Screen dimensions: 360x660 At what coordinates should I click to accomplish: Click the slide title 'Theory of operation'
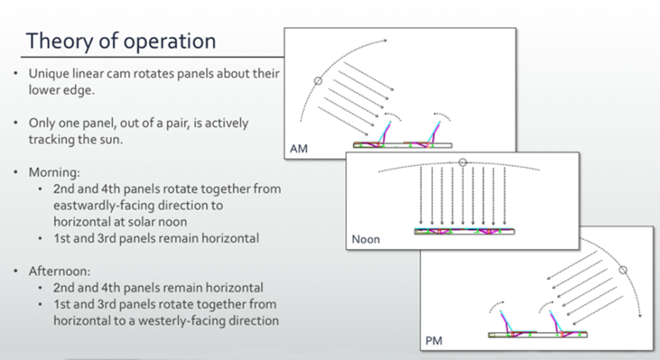click(120, 41)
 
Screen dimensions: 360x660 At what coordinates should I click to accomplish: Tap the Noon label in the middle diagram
click(366, 240)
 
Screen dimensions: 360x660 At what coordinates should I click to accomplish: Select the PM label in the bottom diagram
click(434, 342)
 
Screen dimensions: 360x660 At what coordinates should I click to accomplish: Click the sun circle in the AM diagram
click(318, 81)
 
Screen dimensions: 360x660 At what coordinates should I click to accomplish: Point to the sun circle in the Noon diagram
click(463, 163)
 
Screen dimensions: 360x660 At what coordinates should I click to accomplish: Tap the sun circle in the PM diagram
click(623, 269)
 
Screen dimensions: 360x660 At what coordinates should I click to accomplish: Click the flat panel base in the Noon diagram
click(465, 231)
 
